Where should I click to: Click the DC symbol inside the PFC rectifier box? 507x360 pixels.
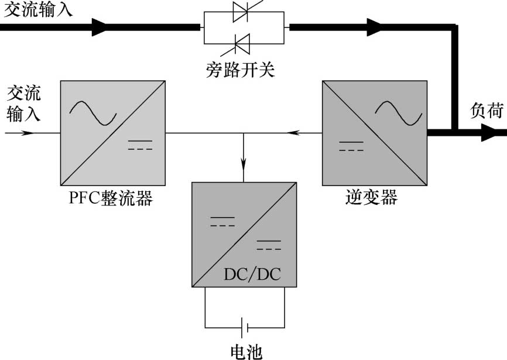(140, 145)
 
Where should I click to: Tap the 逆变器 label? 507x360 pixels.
(371, 198)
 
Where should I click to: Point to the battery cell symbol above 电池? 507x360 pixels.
(245, 326)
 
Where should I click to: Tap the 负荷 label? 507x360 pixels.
(487, 111)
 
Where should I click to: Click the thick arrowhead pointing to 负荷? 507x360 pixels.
(489, 133)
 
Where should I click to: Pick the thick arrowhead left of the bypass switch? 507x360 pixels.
(100, 26)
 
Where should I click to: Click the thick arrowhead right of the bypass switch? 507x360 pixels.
(374, 26)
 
